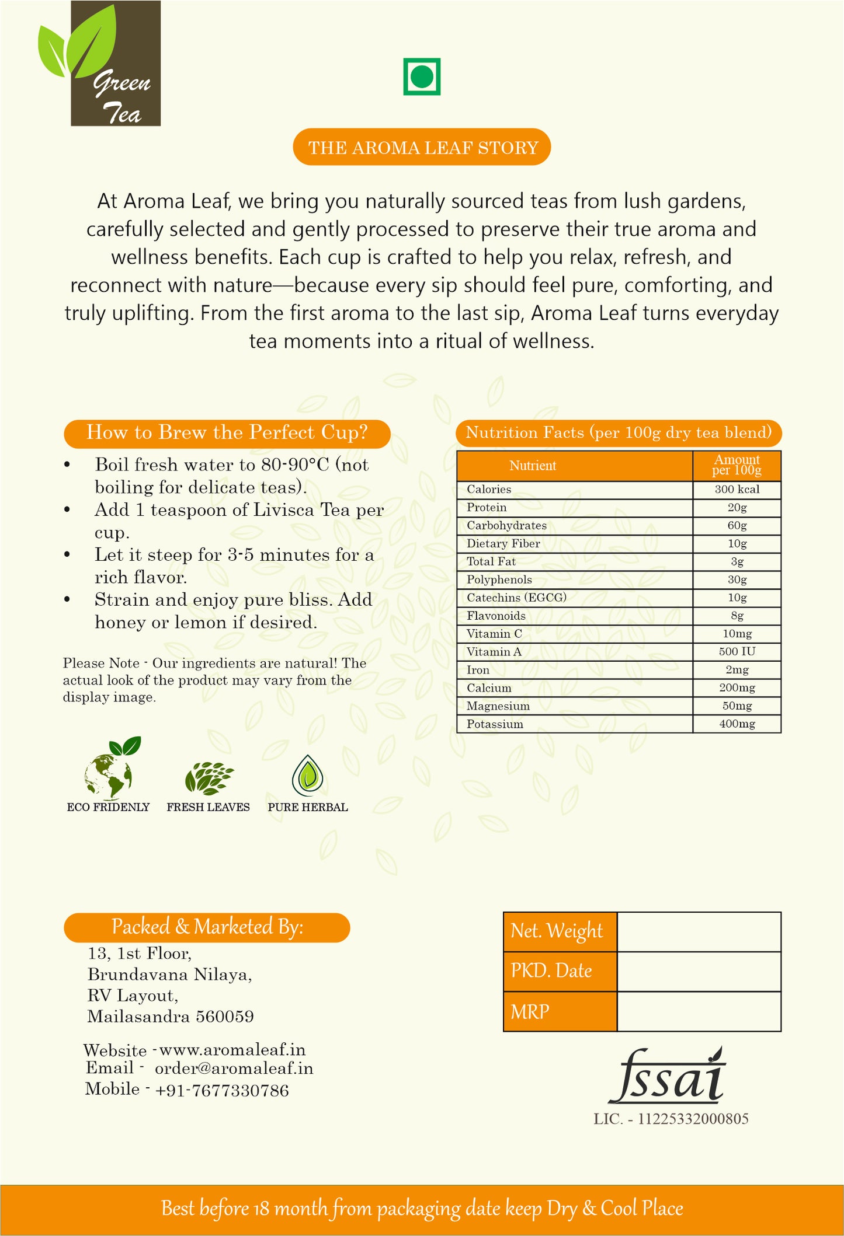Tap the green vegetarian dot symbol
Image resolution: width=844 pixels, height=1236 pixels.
click(422, 76)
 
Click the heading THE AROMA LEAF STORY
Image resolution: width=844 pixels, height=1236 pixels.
click(422, 148)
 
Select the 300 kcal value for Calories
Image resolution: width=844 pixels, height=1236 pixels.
click(737, 490)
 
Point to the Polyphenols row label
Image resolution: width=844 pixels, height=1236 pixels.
click(499, 579)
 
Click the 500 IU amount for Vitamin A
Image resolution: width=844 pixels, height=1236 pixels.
click(737, 652)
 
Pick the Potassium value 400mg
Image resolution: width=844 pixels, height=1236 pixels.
click(737, 724)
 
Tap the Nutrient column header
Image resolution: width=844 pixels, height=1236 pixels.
click(533, 466)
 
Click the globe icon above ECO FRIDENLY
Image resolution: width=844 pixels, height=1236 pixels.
click(110, 770)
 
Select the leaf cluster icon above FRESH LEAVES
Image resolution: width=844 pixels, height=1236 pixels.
click(209, 778)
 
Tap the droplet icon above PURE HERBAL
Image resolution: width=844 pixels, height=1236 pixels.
click(308, 776)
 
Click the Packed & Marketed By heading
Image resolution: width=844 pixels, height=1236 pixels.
click(207, 927)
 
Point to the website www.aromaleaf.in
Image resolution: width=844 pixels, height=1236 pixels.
click(232, 1050)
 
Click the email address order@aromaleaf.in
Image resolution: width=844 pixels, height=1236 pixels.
click(234, 1069)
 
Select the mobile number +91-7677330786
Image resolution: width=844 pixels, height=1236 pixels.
click(222, 1090)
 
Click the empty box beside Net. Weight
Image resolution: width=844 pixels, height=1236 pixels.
click(699, 932)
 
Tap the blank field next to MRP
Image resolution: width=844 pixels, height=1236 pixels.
click(699, 1011)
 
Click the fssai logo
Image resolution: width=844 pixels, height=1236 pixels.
click(667, 1077)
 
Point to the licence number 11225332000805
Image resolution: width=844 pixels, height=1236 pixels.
click(693, 1119)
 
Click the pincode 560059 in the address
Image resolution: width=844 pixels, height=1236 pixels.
click(225, 1017)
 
